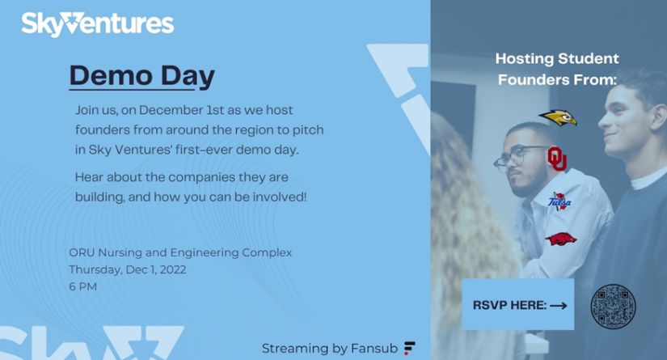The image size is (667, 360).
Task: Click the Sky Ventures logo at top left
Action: (97, 23)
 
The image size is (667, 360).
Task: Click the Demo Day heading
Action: (142, 76)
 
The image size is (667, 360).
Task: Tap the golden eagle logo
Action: (558, 117)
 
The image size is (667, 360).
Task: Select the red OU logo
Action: (557, 159)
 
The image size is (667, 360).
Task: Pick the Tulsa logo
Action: (559, 201)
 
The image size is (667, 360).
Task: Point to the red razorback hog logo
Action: (560, 239)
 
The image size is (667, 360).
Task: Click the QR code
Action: (613, 307)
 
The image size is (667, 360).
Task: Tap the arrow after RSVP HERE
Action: (558, 306)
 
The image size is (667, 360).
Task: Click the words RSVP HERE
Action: (509, 305)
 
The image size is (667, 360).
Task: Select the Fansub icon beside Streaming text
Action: (409, 348)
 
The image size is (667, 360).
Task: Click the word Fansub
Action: (374, 348)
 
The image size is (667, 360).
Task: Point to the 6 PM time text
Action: (83, 286)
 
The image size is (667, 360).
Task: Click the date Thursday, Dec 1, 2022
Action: (128, 269)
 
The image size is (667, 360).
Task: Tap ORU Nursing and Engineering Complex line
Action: (180, 252)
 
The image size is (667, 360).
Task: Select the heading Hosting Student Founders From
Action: (557, 69)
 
